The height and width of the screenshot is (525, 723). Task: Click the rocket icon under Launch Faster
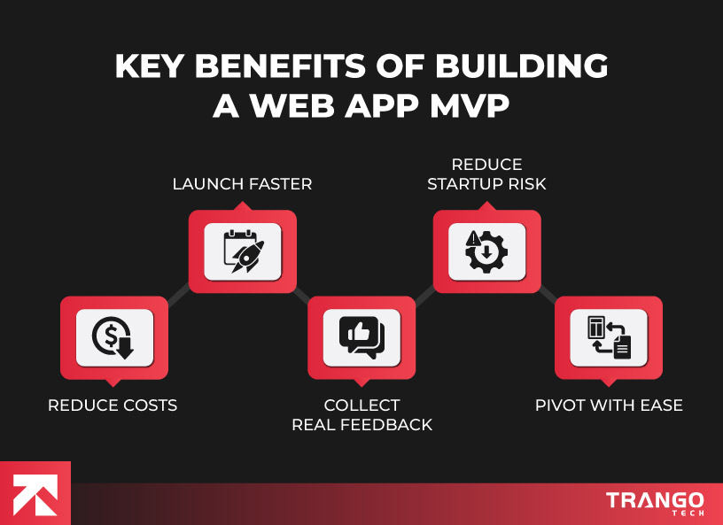point(242,251)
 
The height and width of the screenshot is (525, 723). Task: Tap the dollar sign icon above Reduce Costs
point(113,337)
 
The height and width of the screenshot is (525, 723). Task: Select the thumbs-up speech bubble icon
point(361,337)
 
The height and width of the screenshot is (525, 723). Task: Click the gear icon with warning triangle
point(486,251)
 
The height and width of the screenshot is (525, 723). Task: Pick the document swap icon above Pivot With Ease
point(609,337)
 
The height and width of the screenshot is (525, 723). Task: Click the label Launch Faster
point(242,184)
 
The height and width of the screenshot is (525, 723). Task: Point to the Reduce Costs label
point(113,405)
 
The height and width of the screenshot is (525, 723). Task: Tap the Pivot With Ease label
point(609,405)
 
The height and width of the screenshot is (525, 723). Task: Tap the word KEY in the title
point(150,66)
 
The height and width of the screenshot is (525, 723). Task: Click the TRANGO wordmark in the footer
point(655,500)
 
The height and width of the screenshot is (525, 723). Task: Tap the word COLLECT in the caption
point(361,405)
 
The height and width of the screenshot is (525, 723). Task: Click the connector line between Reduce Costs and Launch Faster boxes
point(178,295)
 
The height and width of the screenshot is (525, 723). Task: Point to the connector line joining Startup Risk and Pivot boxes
point(548,295)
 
